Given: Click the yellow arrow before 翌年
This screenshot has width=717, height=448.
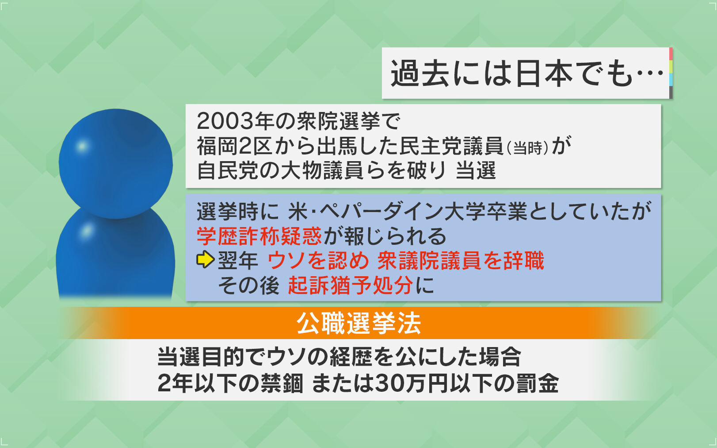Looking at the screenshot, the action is pyautogui.click(x=205, y=259).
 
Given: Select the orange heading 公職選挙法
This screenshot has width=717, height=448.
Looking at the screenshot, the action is pyautogui.click(x=358, y=323).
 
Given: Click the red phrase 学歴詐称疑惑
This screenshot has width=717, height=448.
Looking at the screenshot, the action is pyautogui.click(x=259, y=236).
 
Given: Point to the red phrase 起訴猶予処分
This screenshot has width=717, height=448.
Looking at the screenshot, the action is pyautogui.click(x=350, y=285).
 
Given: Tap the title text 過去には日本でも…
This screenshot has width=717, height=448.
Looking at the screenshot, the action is pyautogui.click(x=527, y=73).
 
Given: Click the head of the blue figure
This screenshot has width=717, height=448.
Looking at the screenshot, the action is pyautogui.click(x=115, y=163).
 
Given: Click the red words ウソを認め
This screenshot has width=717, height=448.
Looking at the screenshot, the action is pyautogui.click(x=318, y=261).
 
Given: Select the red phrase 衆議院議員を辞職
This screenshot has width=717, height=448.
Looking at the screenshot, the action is pyautogui.click(x=461, y=261).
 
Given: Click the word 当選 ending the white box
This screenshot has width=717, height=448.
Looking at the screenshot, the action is pyautogui.click(x=476, y=170).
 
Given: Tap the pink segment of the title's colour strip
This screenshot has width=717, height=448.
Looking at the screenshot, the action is pyautogui.click(x=671, y=54).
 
